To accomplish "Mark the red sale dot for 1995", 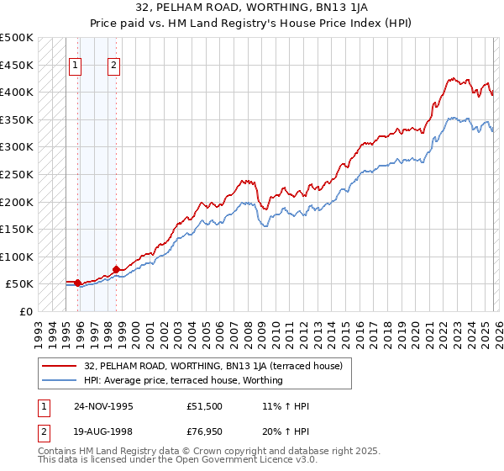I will (77, 283).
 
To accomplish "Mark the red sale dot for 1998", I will (116, 269).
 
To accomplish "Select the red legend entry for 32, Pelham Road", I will (213, 366).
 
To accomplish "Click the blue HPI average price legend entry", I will (183, 380).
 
